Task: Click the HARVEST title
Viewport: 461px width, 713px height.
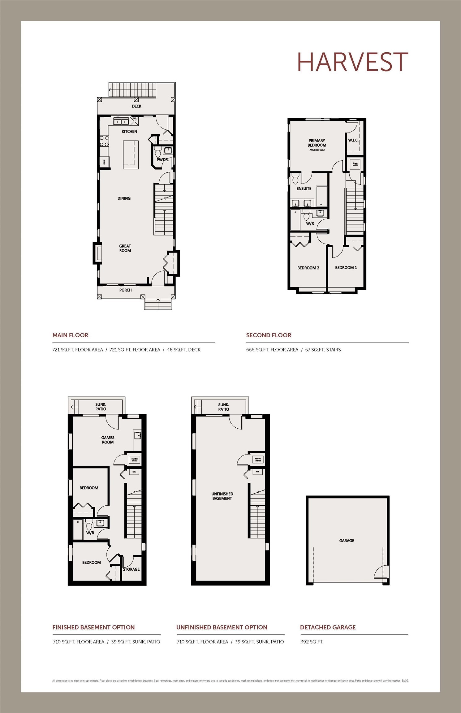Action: pos(352,62)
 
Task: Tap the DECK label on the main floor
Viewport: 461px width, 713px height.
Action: pos(136,106)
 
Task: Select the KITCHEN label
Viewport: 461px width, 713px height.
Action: pos(129,132)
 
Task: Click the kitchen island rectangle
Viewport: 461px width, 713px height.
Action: pos(131,155)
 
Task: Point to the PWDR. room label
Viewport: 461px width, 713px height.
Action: pos(162,160)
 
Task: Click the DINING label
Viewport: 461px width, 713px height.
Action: pos(124,198)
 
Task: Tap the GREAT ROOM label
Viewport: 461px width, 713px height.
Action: pos(125,248)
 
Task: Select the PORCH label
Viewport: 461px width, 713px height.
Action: pos(125,290)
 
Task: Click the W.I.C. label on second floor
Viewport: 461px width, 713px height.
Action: pos(353,140)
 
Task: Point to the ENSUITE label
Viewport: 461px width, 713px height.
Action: pos(304,188)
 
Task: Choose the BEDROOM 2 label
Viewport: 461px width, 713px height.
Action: pos(308,268)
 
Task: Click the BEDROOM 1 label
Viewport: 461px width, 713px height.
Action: pos(346,268)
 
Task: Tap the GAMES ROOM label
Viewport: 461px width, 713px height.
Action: pos(108,440)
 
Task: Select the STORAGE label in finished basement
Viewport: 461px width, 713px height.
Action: pos(131,569)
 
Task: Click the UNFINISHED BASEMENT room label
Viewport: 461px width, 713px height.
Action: pos(222,496)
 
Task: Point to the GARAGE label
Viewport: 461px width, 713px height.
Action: pos(347,541)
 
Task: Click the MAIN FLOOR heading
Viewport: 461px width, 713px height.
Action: pos(70,335)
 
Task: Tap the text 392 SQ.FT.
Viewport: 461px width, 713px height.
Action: pos(312,642)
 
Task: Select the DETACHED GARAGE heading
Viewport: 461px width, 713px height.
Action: pos(328,627)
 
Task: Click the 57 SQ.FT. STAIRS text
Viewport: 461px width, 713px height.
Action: pos(323,350)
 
